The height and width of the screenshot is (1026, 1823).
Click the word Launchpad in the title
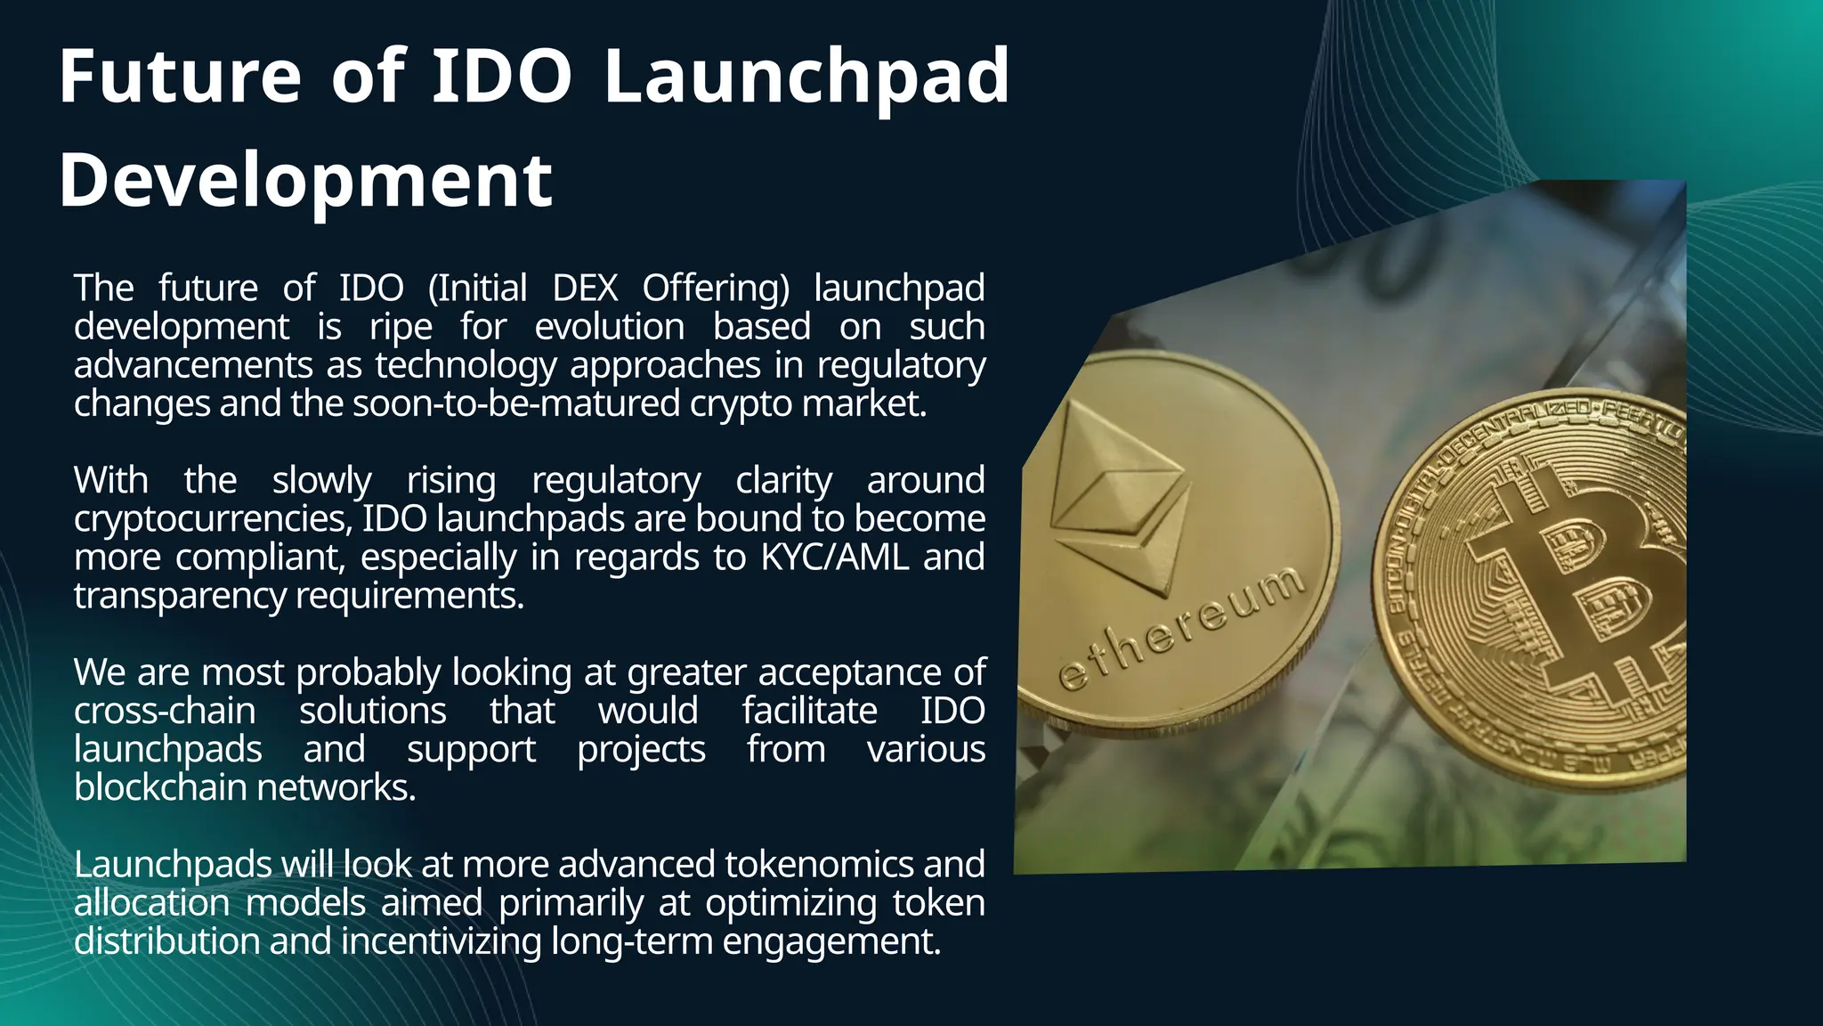(x=806, y=78)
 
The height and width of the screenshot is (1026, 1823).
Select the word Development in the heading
(x=305, y=181)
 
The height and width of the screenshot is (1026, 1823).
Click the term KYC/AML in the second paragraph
(x=834, y=558)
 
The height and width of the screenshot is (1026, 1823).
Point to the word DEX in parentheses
(x=585, y=289)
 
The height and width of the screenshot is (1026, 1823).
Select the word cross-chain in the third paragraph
(x=165, y=711)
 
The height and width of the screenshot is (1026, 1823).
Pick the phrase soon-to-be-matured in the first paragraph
(x=516, y=404)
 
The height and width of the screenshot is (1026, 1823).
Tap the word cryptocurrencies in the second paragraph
(x=212, y=519)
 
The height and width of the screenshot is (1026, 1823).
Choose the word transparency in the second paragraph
(x=179, y=596)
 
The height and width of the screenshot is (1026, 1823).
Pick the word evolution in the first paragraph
(x=609, y=327)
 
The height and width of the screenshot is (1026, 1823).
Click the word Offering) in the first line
(x=716, y=289)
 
